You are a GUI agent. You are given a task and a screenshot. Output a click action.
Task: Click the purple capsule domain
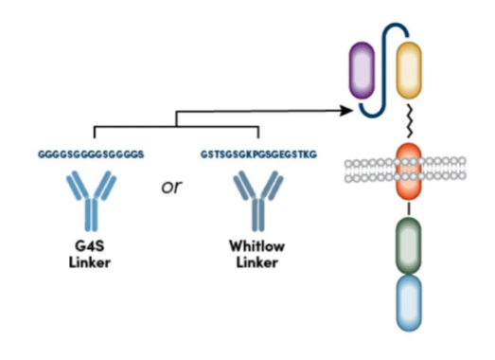tap(362, 70)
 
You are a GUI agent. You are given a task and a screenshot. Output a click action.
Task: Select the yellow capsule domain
tap(409, 70)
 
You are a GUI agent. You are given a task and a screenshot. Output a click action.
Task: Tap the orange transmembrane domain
tap(409, 171)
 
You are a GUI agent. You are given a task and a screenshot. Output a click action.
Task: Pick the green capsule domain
tap(409, 245)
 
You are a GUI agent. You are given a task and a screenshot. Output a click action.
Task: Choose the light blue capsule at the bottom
tap(409, 303)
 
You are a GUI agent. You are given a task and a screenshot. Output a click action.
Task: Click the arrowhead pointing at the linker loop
tap(346, 110)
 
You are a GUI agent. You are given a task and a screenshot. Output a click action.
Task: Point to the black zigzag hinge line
tap(409, 121)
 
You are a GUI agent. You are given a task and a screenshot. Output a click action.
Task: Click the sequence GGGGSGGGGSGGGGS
tap(91, 154)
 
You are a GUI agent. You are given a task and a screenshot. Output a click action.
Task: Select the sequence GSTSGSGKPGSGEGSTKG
tap(258, 154)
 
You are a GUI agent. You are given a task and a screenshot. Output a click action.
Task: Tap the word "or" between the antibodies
tap(171, 187)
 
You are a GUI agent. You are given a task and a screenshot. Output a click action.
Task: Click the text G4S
tap(90, 245)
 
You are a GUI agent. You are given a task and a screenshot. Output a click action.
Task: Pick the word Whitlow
tap(257, 246)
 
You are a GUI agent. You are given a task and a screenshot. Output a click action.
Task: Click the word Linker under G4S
tap(90, 262)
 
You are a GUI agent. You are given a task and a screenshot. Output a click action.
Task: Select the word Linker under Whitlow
tap(257, 262)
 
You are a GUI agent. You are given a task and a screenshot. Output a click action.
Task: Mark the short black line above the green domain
tap(409, 209)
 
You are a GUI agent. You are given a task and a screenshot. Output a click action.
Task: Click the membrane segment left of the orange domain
tap(370, 171)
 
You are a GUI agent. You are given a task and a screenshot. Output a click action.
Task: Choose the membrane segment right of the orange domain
tap(444, 169)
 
